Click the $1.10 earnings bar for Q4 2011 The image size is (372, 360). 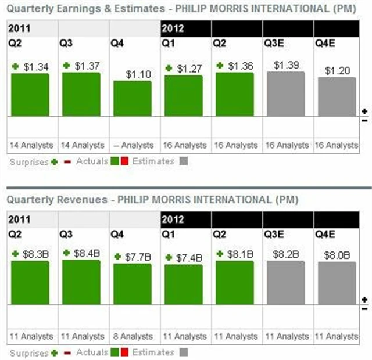click(x=133, y=98)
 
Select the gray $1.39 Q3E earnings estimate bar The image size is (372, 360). click(x=286, y=93)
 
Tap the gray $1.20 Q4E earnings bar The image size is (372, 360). click(x=337, y=96)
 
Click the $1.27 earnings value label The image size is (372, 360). click(x=189, y=68)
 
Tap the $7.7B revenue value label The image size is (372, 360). click(x=138, y=257)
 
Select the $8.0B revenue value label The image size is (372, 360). click(x=337, y=254)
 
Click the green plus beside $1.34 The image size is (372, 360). click(x=16, y=67)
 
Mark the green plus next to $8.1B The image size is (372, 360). click(x=220, y=253)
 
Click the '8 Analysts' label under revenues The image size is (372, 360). click(x=133, y=336)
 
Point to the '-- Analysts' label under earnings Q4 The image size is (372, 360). click(x=133, y=145)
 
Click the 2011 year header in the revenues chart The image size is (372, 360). click(x=19, y=219)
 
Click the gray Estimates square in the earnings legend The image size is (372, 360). click(x=183, y=161)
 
